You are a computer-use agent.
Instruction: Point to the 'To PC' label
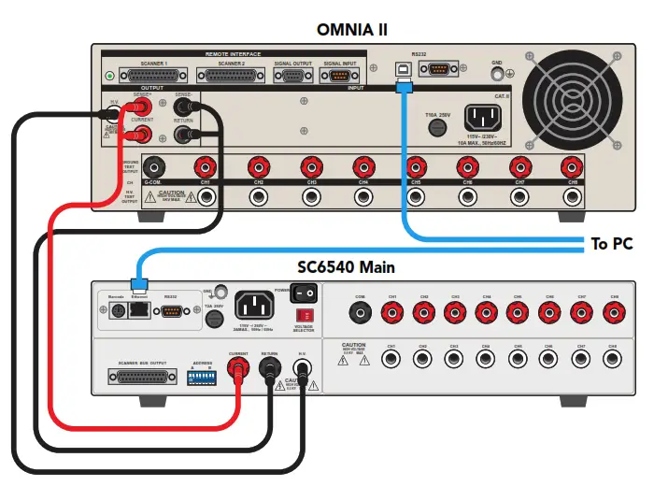pyautogui.click(x=612, y=244)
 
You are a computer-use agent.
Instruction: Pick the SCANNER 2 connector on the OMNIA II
pyautogui.click(x=230, y=77)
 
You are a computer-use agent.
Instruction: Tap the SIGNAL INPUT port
pyautogui.click(x=338, y=77)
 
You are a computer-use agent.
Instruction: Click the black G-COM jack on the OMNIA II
pyautogui.click(x=152, y=166)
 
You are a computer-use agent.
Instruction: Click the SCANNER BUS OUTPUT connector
pyautogui.click(x=142, y=378)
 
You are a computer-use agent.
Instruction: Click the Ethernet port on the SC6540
pyautogui.click(x=138, y=310)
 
